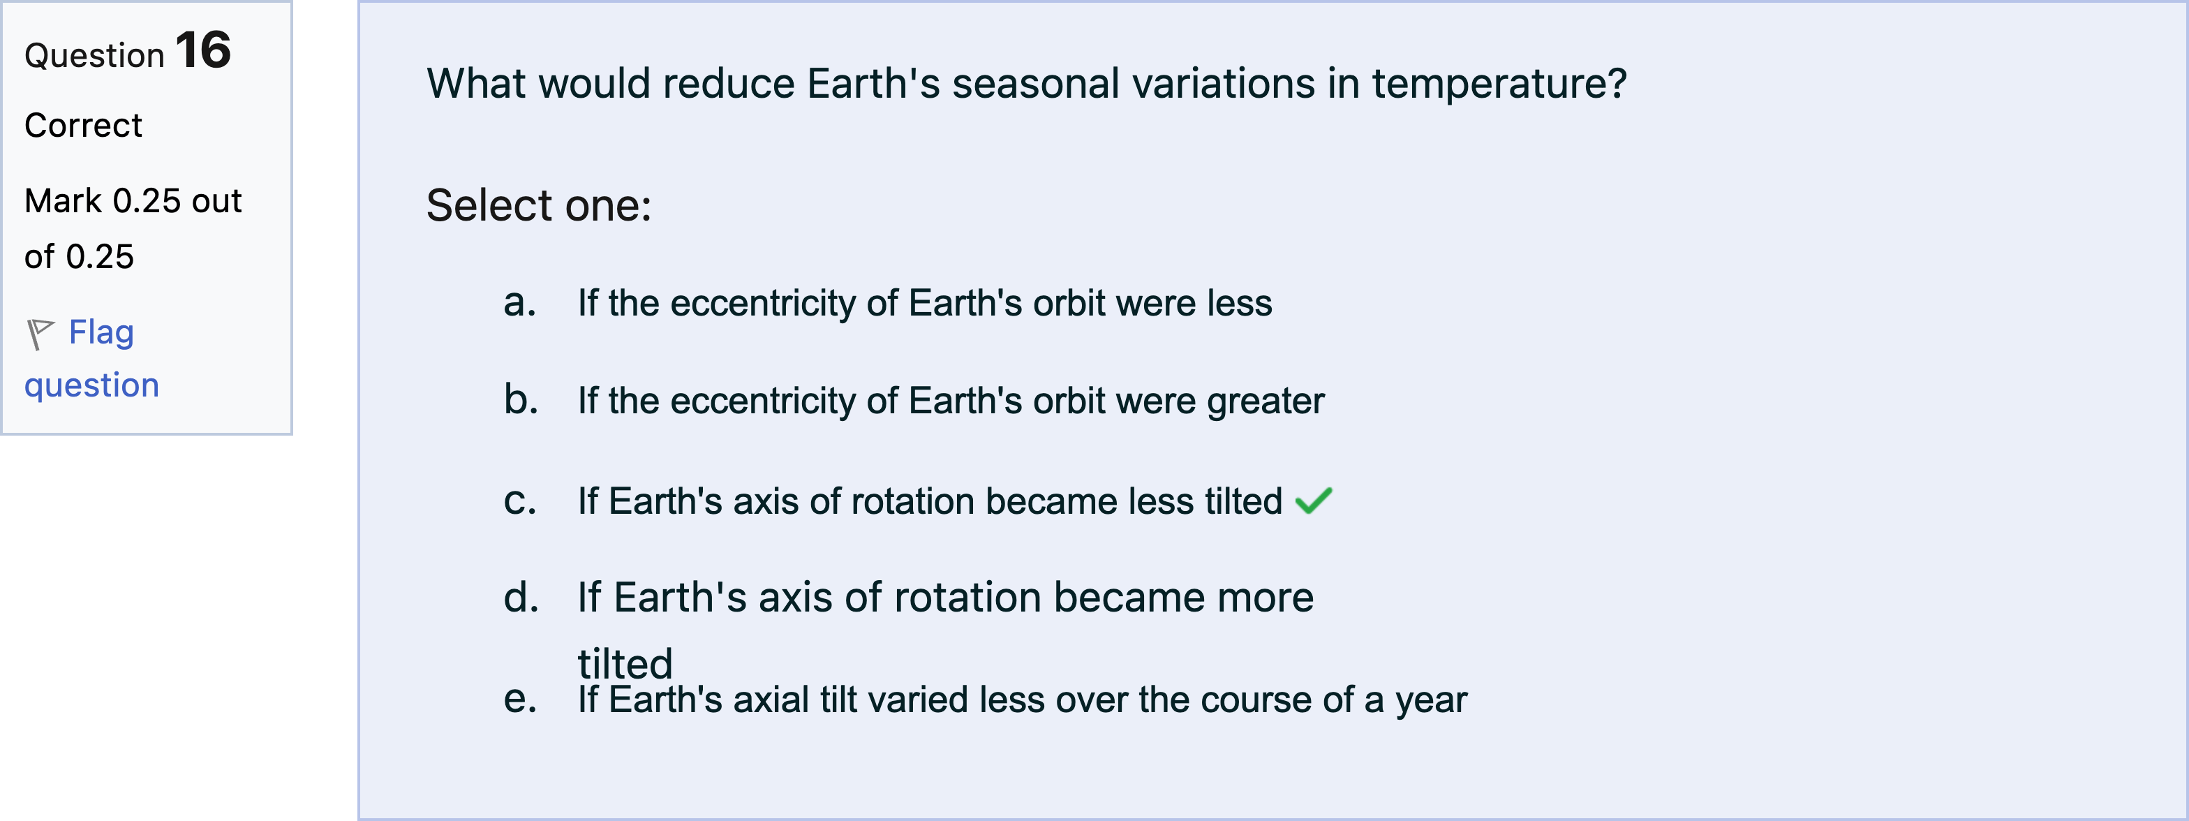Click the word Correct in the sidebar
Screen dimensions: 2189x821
point(83,126)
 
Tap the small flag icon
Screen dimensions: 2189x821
point(39,334)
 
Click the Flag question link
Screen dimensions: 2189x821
point(91,358)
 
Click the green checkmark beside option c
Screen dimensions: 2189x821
point(1314,501)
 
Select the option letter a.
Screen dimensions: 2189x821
point(519,304)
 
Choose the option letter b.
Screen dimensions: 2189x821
point(520,399)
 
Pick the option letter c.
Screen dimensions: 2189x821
point(519,501)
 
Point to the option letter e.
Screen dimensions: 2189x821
point(519,700)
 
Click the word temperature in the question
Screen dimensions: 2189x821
point(1499,84)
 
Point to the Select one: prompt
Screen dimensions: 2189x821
point(539,206)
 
